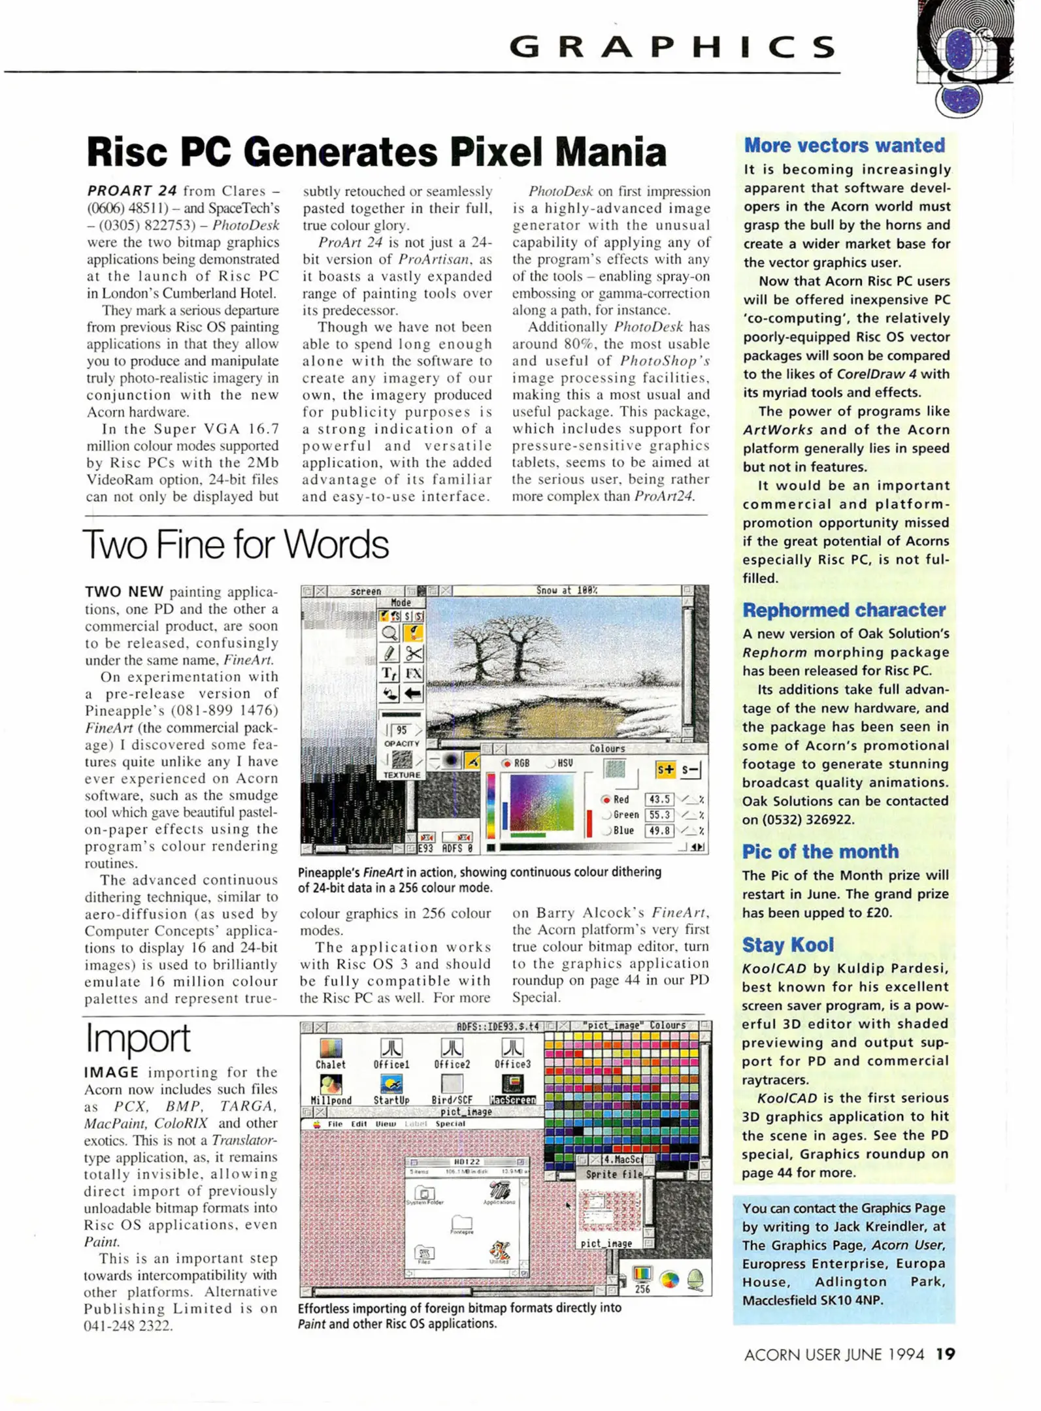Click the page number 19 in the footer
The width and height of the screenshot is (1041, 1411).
coord(945,1354)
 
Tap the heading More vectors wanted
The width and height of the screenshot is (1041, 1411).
coord(844,145)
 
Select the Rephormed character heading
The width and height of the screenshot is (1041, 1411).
coord(844,610)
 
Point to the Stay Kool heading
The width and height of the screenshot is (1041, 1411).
coord(787,945)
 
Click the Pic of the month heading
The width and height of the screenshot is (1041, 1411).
coord(820,852)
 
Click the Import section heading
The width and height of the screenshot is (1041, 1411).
coord(138,1038)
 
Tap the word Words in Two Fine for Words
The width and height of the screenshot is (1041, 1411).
coord(337,544)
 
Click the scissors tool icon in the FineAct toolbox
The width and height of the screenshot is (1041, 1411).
coord(413,653)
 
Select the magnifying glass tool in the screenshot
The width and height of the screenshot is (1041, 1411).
coord(390,632)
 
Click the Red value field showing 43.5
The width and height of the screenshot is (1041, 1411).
coord(659,799)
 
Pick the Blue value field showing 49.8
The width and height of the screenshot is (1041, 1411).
coord(659,830)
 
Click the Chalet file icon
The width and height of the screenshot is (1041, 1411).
coord(331,1048)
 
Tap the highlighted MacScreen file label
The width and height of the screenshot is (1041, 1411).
coord(513,1100)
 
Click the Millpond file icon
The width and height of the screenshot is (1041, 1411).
coord(331,1084)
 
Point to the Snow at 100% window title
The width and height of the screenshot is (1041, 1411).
coord(567,591)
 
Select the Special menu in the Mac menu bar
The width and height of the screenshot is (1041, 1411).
coord(450,1124)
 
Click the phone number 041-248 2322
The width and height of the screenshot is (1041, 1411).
coord(128,1325)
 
